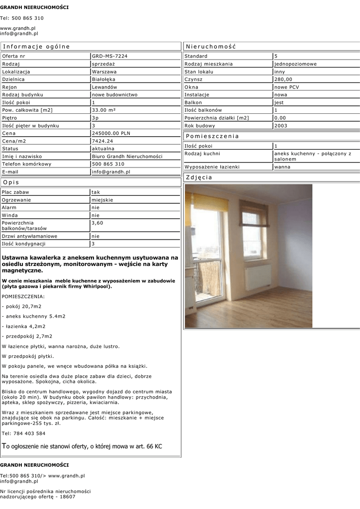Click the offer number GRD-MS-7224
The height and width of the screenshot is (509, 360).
(109, 56)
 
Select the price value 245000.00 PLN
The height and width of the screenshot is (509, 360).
(111, 133)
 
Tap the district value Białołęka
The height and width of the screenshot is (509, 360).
(104, 79)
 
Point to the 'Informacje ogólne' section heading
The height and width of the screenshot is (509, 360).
(36, 46)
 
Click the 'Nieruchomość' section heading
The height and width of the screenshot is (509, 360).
(210, 46)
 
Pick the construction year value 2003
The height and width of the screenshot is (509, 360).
(281, 126)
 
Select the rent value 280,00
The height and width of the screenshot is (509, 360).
(283, 79)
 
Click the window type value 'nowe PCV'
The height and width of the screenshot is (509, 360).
(286, 87)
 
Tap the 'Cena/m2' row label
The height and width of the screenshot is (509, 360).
(15, 141)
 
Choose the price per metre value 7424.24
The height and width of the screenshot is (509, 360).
(102, 141)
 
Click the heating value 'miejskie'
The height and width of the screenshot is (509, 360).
(103, 200)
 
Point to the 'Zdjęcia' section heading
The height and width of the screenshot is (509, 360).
(199, 177)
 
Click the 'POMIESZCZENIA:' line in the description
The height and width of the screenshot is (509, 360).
(23, 296)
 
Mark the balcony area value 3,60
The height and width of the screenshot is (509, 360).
(97, 223)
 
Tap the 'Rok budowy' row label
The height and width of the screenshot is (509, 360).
(199, 126)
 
